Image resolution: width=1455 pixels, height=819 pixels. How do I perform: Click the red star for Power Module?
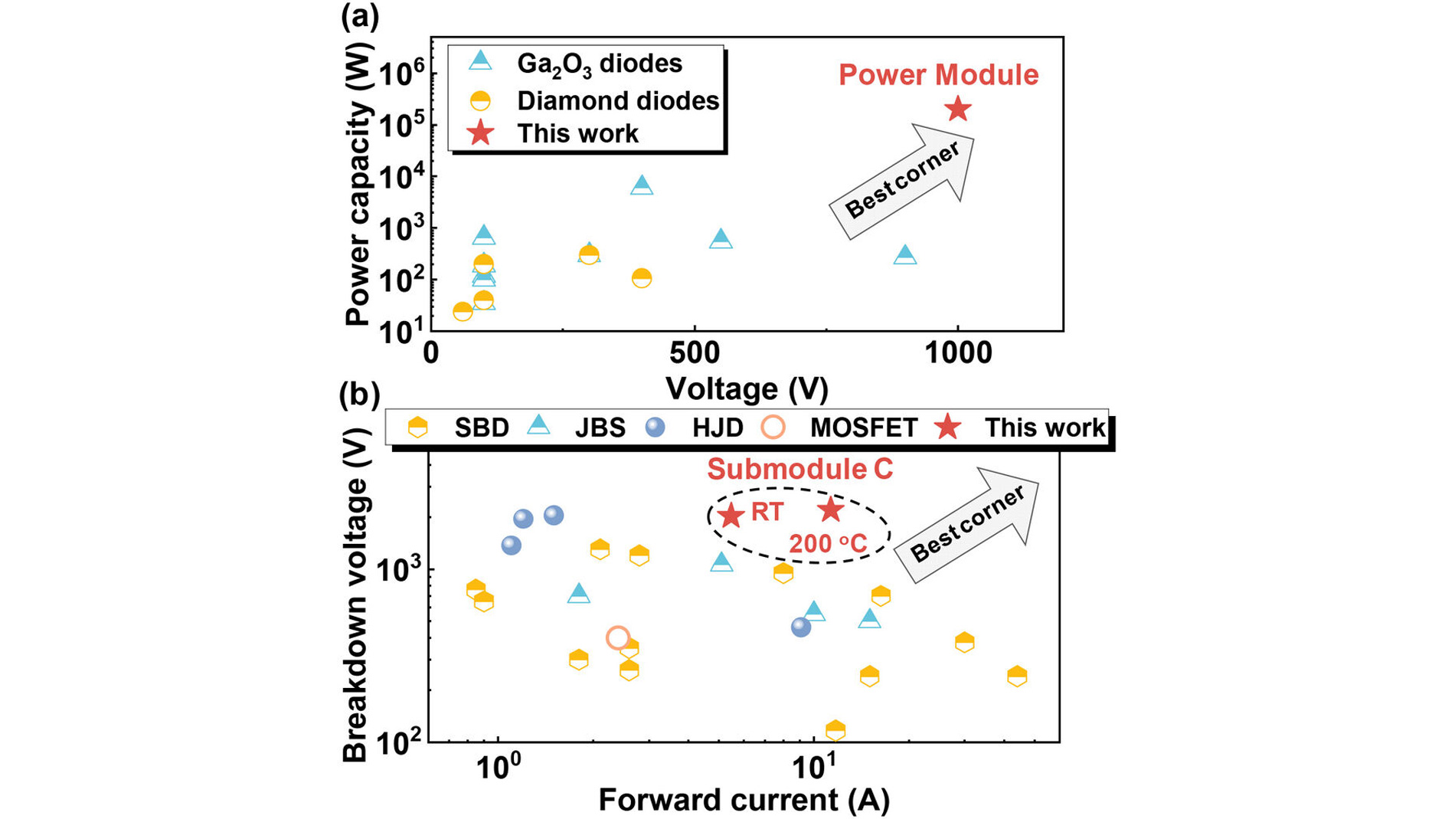pos(958,110)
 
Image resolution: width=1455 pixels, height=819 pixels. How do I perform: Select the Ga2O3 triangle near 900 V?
pos(905,254)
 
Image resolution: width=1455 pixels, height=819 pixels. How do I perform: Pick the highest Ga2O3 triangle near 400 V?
pos(642,185)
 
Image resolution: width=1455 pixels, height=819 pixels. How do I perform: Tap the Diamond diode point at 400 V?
pos(642,278)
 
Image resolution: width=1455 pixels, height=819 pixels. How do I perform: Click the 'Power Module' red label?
pos(938,75)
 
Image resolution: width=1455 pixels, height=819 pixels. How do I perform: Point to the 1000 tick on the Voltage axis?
pos(957,353)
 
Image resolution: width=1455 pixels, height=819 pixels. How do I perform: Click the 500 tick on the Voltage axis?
pos(694,353)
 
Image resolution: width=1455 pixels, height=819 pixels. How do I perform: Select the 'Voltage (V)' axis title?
pos(747,388)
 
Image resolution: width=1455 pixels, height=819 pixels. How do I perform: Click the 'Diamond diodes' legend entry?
pos(617,100)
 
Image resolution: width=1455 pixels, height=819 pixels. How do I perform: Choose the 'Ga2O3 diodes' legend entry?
pos(599,63)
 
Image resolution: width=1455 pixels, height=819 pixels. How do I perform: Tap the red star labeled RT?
pos(731,515)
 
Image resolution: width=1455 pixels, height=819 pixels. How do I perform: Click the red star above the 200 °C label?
pos(831,509)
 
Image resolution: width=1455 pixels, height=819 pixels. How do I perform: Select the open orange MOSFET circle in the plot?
pos(618,637)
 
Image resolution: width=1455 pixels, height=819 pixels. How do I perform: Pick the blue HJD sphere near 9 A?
pos(801,627)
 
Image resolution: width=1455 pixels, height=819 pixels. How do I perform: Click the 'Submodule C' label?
pos(799,469)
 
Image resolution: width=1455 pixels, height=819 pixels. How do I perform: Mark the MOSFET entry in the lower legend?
pos(863,428)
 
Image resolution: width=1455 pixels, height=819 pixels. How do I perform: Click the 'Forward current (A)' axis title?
pos(744,800)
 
